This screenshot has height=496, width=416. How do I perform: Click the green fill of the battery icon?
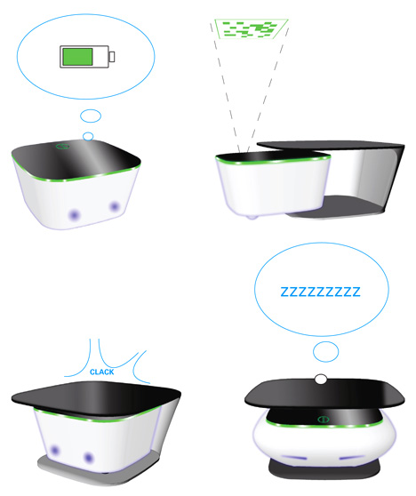pyautogui.click(x=77, y=57)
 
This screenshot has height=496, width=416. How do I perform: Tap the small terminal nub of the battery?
pyautogui.click(x=112, y=57)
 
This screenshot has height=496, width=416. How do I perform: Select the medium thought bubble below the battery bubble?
pyautogui.click(x=91, y=116)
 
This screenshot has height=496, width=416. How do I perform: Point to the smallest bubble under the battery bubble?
pyautogui.click(x=88, y=136)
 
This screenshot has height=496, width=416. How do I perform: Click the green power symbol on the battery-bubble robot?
pyautogui.click(x=62, y=146)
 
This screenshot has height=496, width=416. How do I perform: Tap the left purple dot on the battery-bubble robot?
pyautogui.click(x=75, y=215)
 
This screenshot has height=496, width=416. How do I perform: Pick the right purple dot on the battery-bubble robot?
pyautogui.click(x=115, y=207)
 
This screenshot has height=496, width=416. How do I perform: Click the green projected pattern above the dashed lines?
pyautogui.click(x=252, y=28)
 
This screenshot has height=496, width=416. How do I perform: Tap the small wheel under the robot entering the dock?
pyautogui.click(x=252, y=217)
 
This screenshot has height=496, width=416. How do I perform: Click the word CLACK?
pyautogui.click(x=102, y=372)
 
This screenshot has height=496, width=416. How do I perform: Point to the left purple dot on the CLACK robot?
pyautogui.click(x=55, y=450)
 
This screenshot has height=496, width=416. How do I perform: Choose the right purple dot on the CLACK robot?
pyautogui.click(x=89, y=458)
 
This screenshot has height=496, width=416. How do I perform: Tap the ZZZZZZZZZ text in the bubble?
pyautogui.click(x=321, y=292)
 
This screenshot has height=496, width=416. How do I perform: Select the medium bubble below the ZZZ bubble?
pyautogui.click(x=326, y=351)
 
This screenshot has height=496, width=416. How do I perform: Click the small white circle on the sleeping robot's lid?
pyautogui.click(x=321, y=379)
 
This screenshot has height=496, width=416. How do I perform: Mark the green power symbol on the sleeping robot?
pyautogui.click(x=323, y=420)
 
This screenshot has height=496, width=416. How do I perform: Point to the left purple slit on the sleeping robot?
pyautogui.click(x=294, y=458)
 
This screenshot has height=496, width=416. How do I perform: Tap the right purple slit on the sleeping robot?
pyautogui.click(x=352, y=458)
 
